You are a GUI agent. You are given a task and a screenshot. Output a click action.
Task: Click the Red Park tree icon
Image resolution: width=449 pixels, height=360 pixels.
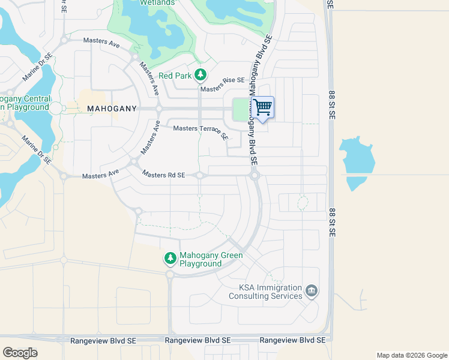point(200,76)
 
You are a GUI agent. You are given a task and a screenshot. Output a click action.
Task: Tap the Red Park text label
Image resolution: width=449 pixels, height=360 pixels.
point(174,76)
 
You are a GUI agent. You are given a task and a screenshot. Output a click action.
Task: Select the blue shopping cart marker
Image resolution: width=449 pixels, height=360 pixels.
point(262,107)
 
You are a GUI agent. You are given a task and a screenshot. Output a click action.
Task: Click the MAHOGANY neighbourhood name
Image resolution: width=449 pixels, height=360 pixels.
point(112,109)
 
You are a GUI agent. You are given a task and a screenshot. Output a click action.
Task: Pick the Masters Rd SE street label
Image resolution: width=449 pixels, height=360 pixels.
point(163,175)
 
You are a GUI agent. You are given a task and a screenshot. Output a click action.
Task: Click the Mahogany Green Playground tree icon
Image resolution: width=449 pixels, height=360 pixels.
point(170,258)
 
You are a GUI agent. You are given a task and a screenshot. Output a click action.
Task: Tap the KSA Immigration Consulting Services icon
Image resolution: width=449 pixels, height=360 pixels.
point(312,292)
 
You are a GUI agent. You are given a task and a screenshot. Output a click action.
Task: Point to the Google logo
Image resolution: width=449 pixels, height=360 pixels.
point(20,353)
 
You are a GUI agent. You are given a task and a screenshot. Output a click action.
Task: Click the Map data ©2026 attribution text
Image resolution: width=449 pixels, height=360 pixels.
point(411,355)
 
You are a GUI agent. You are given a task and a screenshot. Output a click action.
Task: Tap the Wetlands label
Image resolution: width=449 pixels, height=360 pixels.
point(157,3)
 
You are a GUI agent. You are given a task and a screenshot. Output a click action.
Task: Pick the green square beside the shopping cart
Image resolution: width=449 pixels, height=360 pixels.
point(241,109)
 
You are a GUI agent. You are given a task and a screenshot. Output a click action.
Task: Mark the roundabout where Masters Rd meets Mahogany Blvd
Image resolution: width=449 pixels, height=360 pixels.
point(255,175)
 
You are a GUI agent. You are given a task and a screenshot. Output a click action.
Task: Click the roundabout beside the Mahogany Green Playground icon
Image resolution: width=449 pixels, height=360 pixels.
point(170,274)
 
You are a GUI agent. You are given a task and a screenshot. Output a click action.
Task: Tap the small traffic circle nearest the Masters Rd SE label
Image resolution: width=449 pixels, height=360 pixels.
point(200,175)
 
